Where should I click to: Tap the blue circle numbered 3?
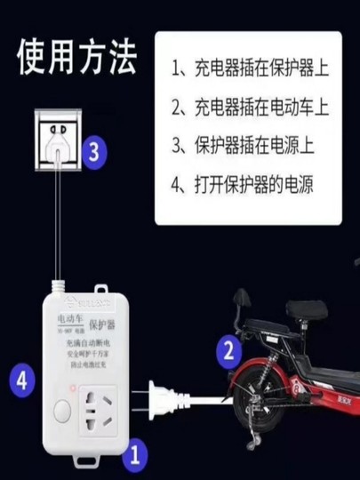(x=94, y=152)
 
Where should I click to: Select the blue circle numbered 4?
(x=24, y=383)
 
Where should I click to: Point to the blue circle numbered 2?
(x=229, y=349)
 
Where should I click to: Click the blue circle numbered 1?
(x=134, y=455)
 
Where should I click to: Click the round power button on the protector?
(x=63, y=412)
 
